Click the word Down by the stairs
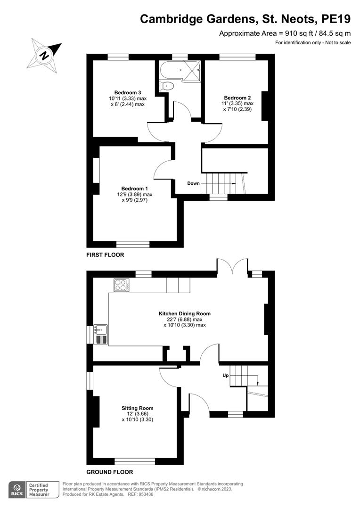tap(193, 183)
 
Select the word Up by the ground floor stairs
tap(225, 376)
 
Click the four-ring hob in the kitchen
tap(120, 285)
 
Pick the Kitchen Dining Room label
tap(185, 313)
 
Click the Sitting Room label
tap(137, 408)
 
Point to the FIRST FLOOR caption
tap(105, 255)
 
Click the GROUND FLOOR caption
tap(109, 472)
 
